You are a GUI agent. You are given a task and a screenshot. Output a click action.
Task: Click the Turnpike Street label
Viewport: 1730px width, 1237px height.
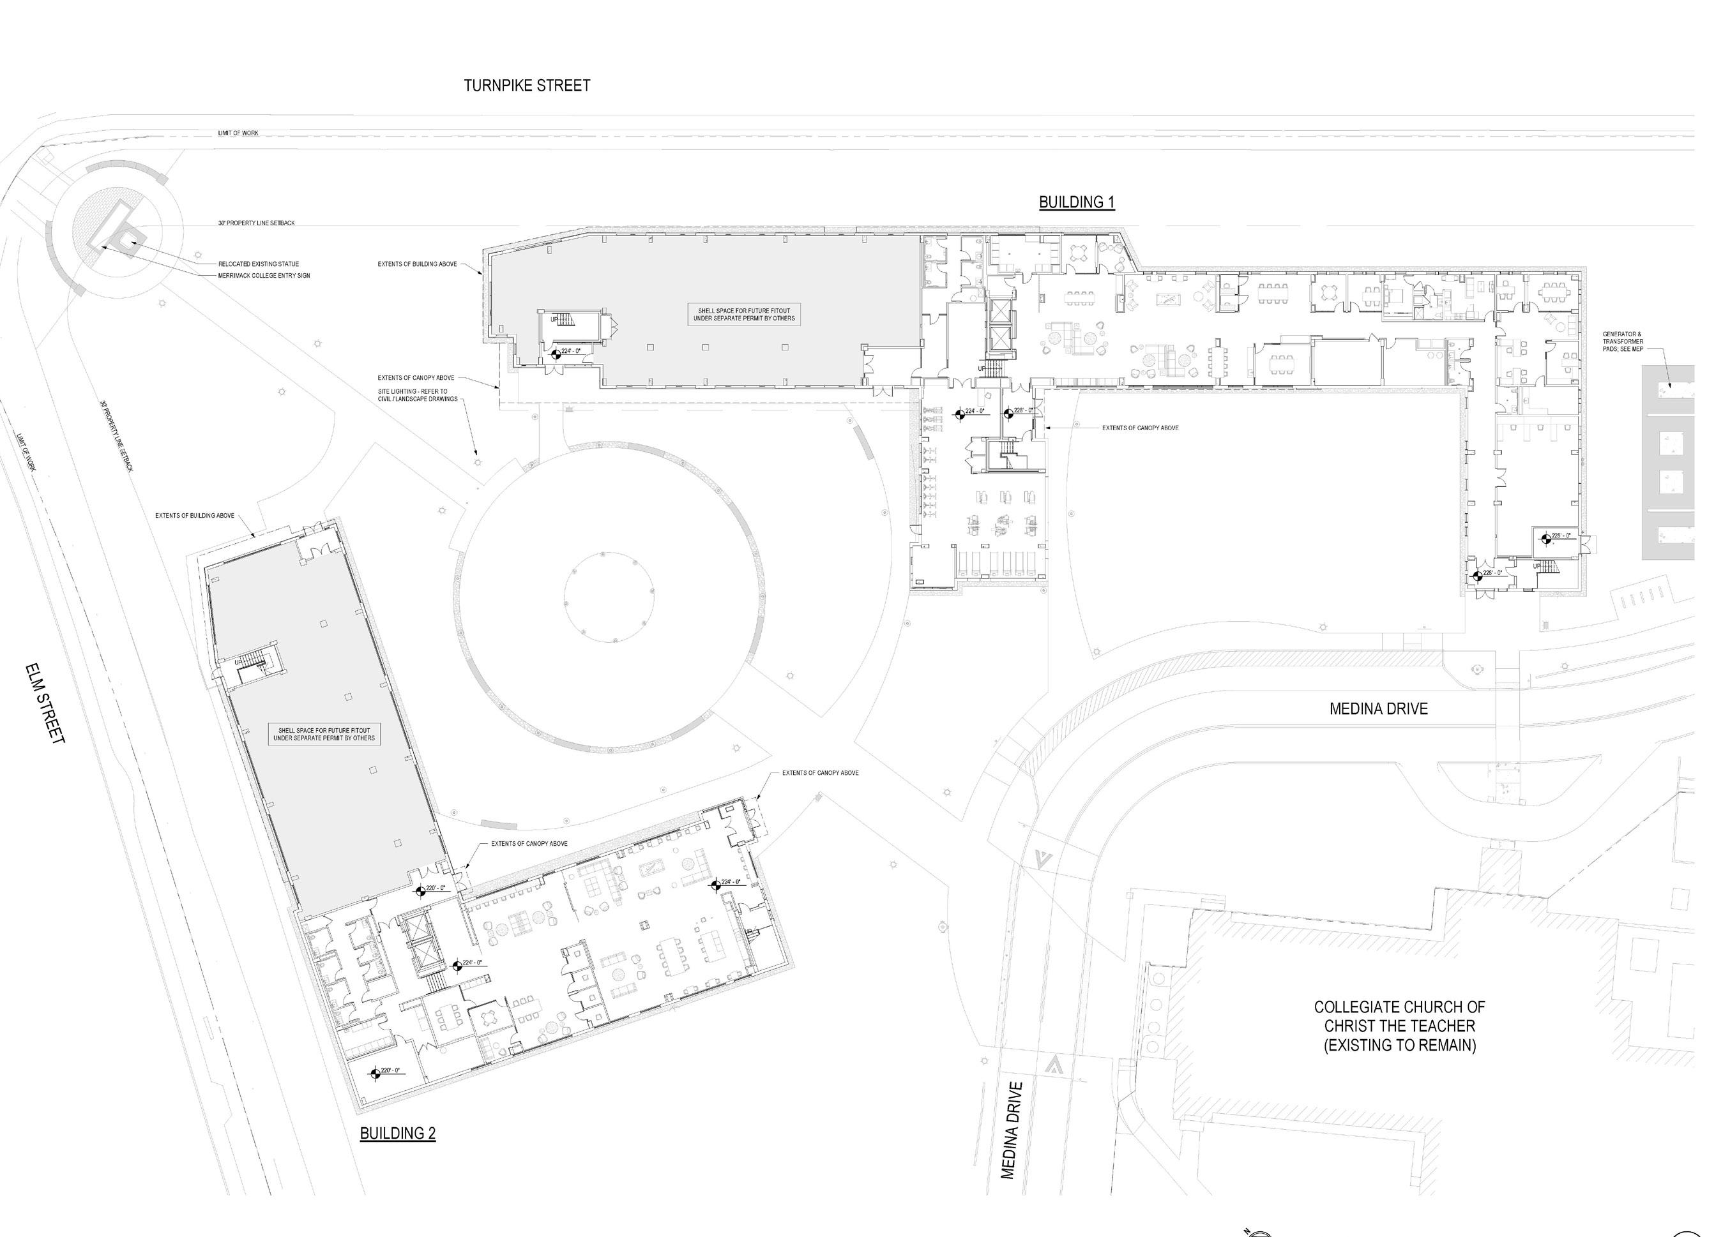point(527,86)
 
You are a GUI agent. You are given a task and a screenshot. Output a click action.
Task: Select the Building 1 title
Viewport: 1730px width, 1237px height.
point(1076,202)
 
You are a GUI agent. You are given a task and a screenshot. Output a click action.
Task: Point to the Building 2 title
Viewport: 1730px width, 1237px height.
point(397,1133)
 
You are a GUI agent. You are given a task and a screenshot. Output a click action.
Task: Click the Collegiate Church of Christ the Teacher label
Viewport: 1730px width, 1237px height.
point(1399,1026)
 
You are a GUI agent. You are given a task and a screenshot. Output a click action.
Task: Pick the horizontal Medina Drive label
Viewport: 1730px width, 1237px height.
point(1378,708)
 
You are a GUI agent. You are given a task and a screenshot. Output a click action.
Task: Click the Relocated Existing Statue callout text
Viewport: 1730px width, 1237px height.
point(259,264)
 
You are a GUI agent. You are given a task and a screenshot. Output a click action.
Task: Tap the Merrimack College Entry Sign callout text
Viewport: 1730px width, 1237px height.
point(264,276)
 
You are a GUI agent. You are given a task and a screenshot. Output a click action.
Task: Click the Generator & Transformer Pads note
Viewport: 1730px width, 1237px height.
point(1623,342)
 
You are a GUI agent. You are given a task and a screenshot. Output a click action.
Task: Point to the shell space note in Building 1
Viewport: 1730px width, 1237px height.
point(744,315)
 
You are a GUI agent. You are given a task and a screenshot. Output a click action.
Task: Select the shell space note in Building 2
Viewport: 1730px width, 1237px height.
point(324,734)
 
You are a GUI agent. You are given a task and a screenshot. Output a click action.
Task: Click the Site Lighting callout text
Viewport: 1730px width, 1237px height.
point(418,394)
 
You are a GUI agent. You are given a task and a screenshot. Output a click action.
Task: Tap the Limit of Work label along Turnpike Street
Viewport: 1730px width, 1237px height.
point(238,133)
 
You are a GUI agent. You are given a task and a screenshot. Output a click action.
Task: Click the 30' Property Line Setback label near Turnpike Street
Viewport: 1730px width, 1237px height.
point(256,223)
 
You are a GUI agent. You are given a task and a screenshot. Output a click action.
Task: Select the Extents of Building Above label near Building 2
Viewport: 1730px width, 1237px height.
point(194,516)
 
